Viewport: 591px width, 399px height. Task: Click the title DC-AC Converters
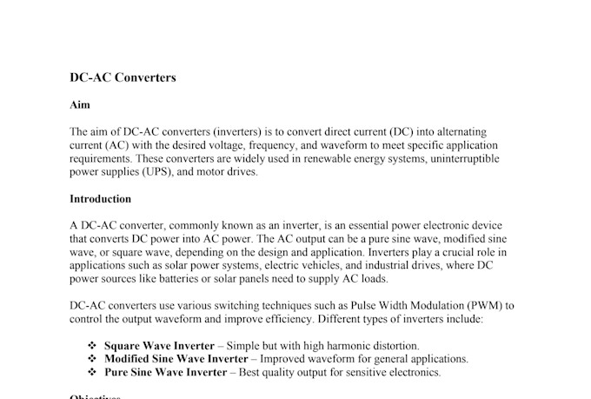123,77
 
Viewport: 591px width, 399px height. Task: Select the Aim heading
78,104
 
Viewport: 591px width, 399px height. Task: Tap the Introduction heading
100,198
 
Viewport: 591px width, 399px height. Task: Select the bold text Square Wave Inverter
159,346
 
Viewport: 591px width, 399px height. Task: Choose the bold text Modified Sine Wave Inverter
176,359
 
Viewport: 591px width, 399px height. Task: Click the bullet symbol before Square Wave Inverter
92,346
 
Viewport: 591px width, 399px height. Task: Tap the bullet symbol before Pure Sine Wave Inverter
92,372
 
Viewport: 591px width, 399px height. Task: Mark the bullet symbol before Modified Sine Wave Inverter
92,359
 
